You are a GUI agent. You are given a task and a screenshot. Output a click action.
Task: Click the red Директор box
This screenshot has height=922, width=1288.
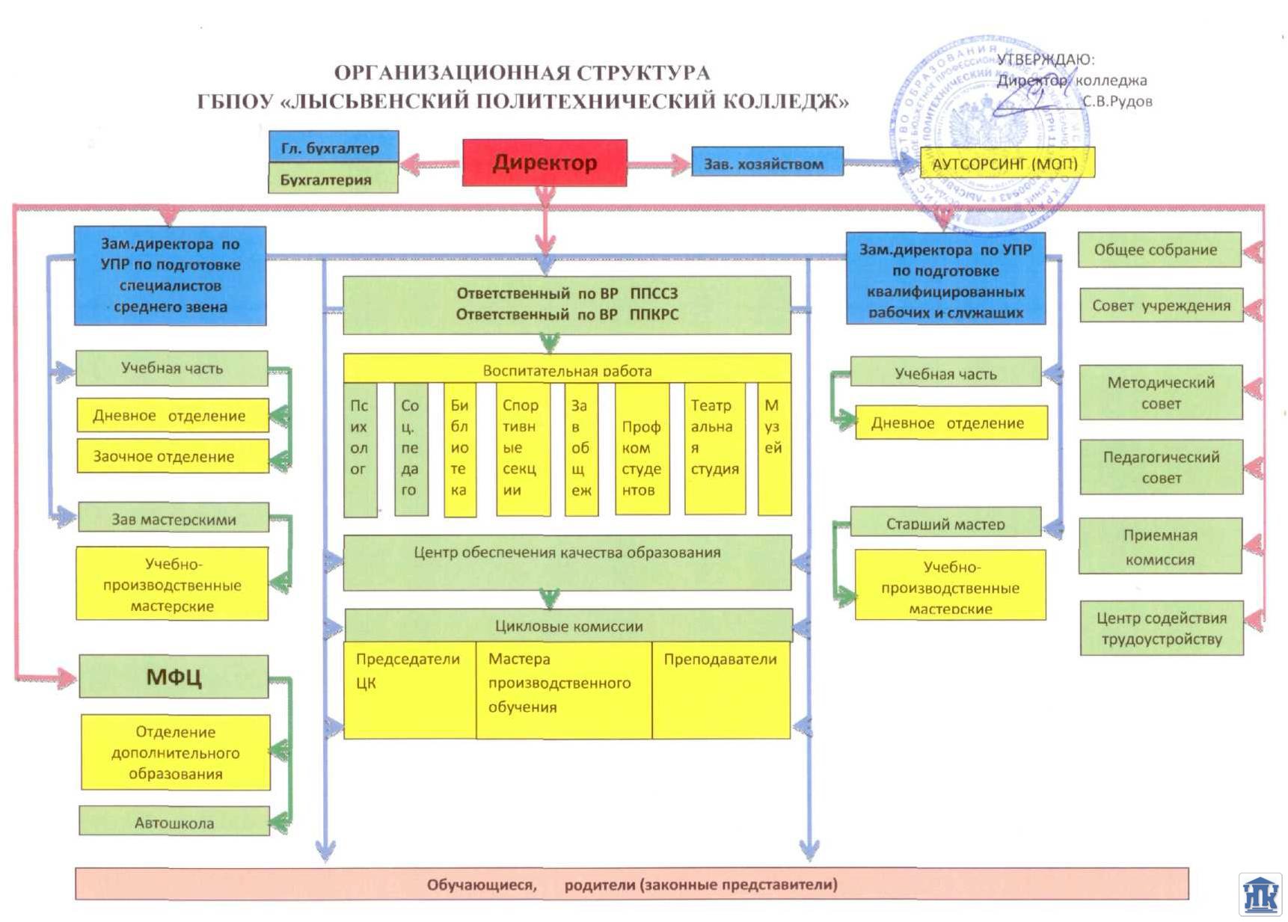click(545, 162)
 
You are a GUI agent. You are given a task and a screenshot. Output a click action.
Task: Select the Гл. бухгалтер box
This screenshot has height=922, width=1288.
click(333, 147)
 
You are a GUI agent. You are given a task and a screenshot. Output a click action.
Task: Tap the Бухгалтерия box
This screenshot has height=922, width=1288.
click(333, 179)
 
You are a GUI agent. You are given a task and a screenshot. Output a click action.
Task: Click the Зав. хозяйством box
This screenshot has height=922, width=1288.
click(767, 163)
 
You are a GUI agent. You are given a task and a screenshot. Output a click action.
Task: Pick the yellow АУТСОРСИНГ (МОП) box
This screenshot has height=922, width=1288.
click(1007, 164)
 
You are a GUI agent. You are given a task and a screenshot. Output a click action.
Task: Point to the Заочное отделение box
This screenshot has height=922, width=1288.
click(172, 456)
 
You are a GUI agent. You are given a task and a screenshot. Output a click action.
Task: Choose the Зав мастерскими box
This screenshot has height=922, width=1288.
click(173, 517)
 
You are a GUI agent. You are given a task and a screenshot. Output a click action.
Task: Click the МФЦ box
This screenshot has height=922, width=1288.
click(174, 677)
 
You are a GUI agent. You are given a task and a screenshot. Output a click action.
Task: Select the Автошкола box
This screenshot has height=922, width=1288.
click(174, 822)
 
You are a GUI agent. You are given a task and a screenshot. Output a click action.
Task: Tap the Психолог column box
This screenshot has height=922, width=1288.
click(359, 449)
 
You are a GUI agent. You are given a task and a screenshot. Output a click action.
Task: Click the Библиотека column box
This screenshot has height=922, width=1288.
click(459, 449)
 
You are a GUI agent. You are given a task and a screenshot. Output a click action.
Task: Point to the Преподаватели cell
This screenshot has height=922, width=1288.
click(720, 689)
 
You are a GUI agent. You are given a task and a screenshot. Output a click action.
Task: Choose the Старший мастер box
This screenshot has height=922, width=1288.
click(945, 523)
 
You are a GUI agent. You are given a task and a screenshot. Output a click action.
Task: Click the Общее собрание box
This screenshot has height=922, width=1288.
click(1159, 250)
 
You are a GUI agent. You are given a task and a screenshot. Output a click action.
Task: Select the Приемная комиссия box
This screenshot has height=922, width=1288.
click(1160, 547)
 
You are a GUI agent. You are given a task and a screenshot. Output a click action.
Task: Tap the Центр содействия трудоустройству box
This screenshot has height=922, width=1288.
click(1161, 628)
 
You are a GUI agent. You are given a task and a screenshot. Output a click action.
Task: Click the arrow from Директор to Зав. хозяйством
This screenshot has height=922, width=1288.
click(658, 164)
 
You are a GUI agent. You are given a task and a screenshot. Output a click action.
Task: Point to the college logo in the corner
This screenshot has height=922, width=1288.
click(1261, 894)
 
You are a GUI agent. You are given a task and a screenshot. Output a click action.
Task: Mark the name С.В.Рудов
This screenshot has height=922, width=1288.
click(1117, 102)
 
